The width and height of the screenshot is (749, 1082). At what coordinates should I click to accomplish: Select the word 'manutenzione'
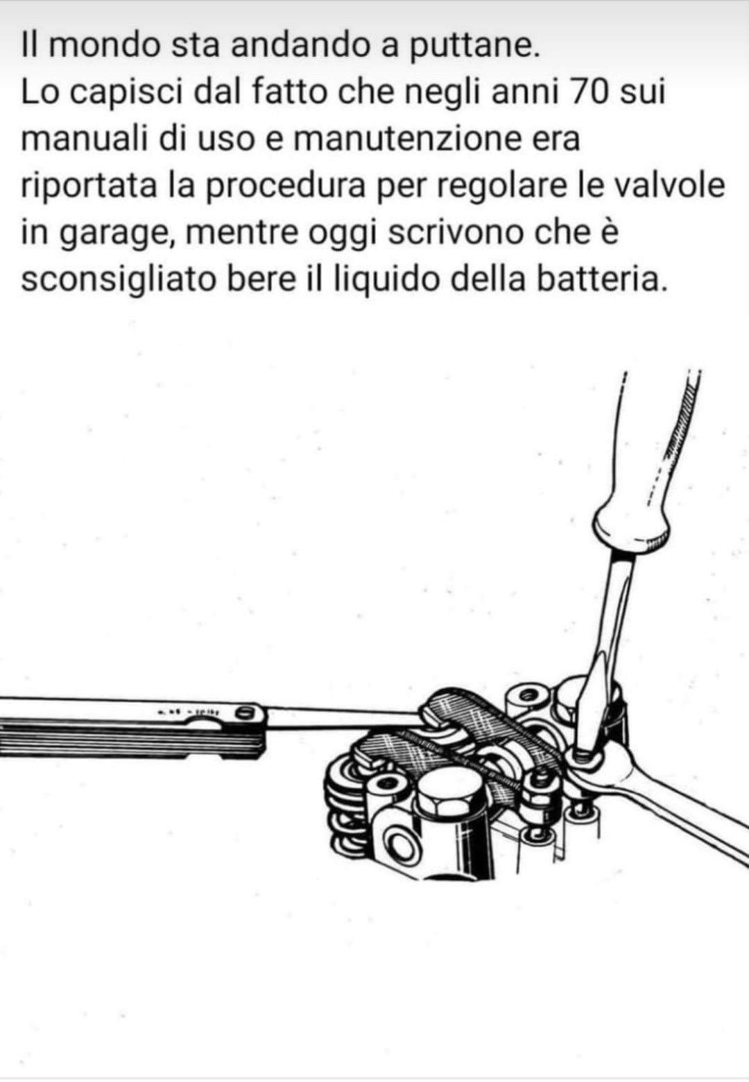point(405,139)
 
